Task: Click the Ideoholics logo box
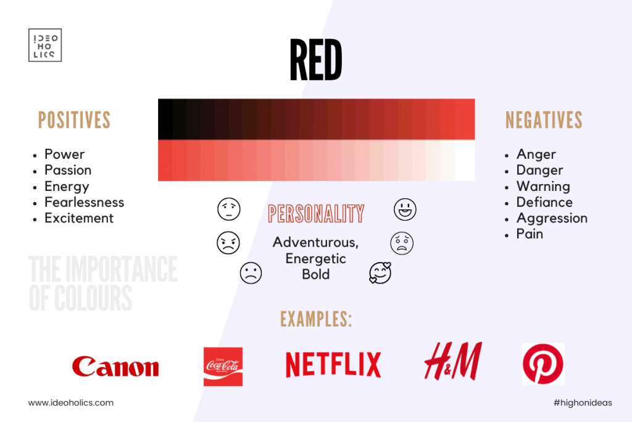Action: click(x=45, y=45)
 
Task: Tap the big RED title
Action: click(x=316, y=60)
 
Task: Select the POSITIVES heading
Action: click(x=74, y=120)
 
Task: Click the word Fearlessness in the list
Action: click(x=84, y=202)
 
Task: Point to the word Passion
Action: click(x=68, y=171)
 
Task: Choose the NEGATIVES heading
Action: click(x=544, y=120)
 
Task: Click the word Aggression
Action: click(x=552, y=218)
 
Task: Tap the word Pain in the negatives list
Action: click(x=530, y=234)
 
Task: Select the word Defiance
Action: click(x=544, y=202)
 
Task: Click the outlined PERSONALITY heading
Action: click(x=316, y=214)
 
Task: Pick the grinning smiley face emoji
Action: click(x=405, y=209)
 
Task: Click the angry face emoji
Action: click(x=228, y=243)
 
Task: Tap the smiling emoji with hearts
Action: click(x=380, y=273)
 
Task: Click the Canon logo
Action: click(x=115, y=366)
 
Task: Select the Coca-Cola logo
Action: click(x=223, y=366)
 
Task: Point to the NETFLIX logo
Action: click(x=333, y=365)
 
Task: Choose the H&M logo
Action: click(x=453, y=361)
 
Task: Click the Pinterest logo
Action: click(x=543, y=364)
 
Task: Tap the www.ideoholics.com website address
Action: click(x=71, y=403)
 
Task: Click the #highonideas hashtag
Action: click(x=583, y=403)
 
